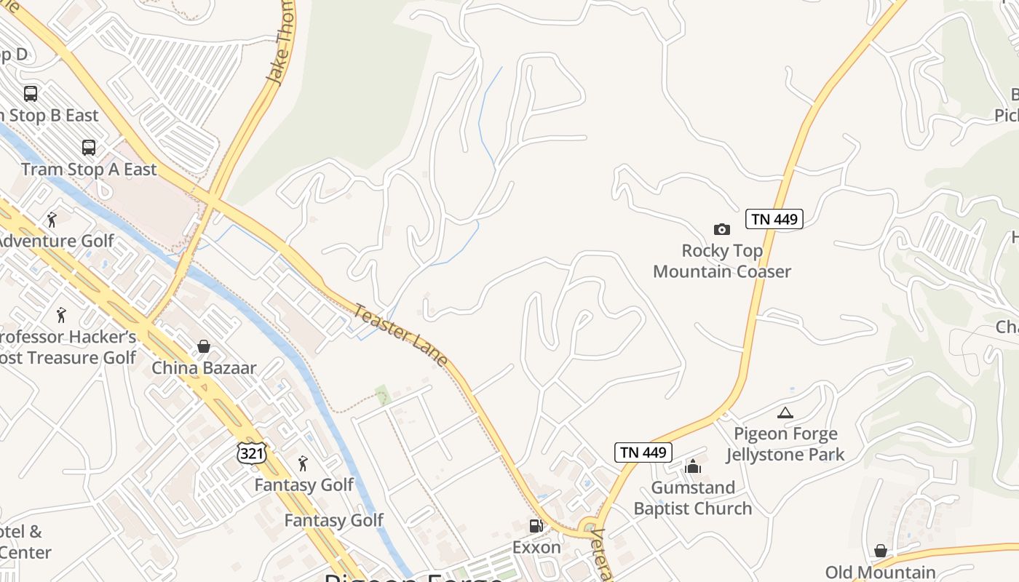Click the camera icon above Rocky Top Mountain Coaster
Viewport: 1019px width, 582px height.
click(721, 230)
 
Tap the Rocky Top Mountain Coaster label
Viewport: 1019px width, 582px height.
click(721, 261)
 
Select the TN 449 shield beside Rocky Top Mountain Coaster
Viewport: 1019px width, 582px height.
click(774, 219)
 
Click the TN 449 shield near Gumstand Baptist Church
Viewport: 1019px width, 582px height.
click(643, 452)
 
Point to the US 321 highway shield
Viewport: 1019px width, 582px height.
click(252, 453)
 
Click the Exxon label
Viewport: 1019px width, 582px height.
click(536, 547)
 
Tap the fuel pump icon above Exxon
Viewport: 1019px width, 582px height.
click(536, 526)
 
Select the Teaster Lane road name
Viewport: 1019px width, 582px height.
click(400, 335)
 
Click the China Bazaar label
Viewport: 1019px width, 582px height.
click(204, 367)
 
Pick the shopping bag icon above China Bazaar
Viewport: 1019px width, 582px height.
click(204, 346)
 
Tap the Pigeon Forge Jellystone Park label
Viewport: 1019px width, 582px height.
click(785, 445)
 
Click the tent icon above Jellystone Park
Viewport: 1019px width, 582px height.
click(785, 413)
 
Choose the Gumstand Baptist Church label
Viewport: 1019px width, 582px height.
click(692, 498)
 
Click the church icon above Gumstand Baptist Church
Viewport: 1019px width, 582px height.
click(692, 466)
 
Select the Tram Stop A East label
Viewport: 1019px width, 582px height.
click(89, 170)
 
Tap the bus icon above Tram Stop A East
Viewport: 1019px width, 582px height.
click(89, 148)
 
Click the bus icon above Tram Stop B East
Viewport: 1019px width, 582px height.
click(31, 94)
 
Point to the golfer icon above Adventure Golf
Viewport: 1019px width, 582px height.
click(52, 220)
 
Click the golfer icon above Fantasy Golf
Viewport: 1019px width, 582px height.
click(304, 463)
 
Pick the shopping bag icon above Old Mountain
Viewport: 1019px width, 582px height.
click(881, 551)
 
